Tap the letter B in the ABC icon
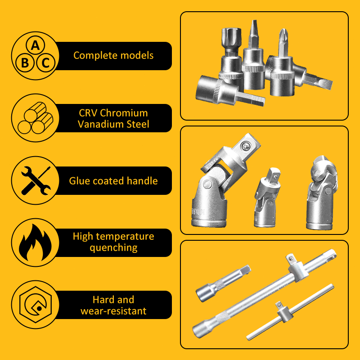[x=25, y=63]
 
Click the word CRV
[x=88, y=113]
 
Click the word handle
[x=142, y=181]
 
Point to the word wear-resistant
[x=113, y=310]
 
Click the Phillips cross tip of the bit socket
[x=283, y=35]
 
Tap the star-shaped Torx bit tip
[x=227, y=35]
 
